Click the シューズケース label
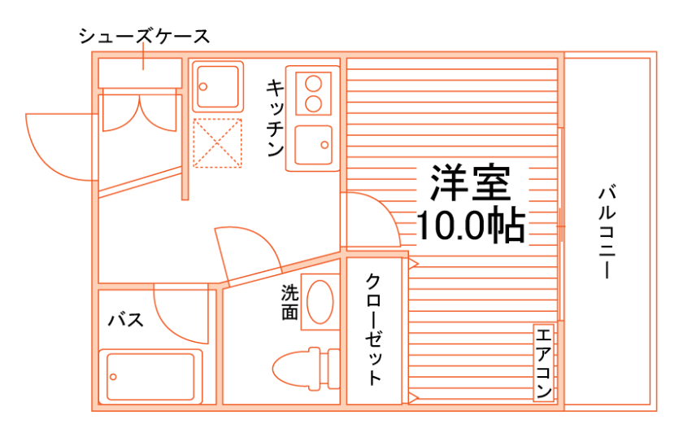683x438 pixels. [x=144, y=37]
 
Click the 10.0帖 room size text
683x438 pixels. [x=470, y=226]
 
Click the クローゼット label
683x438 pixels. [x=373, y=330]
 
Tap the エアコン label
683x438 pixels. [x=544, y=362]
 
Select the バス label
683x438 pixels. [x=126, y=320]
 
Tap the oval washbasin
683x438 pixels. [x=320, y=302]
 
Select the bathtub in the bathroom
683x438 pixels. [x=150, y=375]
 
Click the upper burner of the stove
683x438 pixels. [x=311, y=82]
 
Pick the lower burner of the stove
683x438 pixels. [x=311, y=103]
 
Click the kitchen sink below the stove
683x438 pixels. [x=313, y=146]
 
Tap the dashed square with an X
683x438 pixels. [x=218, y=143]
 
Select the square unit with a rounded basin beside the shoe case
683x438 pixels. [x=218, y=86]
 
